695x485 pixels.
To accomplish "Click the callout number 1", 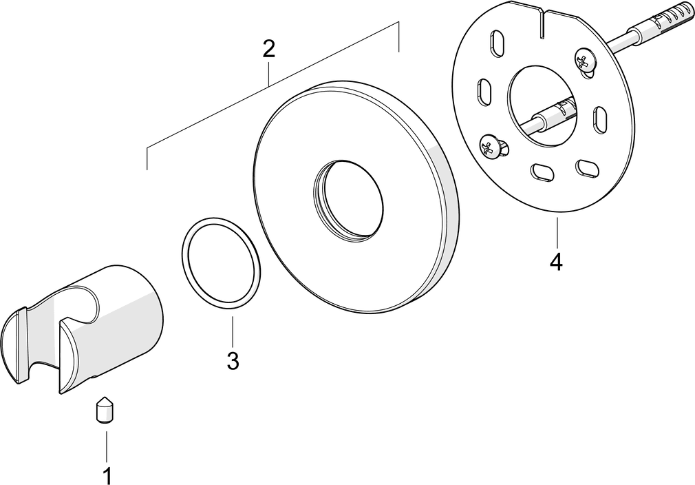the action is [x=107, y=475].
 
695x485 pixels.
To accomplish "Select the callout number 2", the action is [x=268, y=49].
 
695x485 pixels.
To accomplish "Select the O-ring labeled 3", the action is [x=221, y=262].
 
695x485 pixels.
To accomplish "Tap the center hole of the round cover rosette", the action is [x=348, y=200].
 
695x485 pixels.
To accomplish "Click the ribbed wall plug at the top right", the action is [x=662, y=23].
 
